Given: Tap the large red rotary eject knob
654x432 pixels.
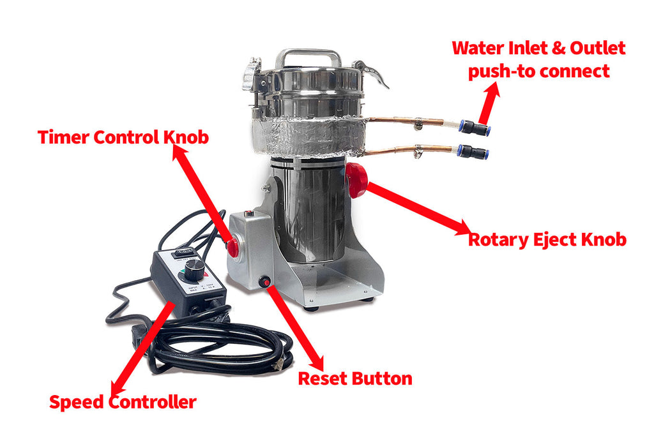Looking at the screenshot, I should pyautogui.click(x=356, y=179).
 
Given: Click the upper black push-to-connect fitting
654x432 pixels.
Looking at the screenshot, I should pyautogui.click(x=475, y=128).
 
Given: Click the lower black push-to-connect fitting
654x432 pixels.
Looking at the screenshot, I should pyautogui.click(x=473, y=152).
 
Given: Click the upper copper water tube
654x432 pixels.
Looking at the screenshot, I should pyautogui.click(x=409, y=120).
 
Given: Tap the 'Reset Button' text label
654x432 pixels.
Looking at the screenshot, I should pyautogui.click(x=355, y=378).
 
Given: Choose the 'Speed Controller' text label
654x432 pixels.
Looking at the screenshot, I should pyautogui.click(x=123, y=402).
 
